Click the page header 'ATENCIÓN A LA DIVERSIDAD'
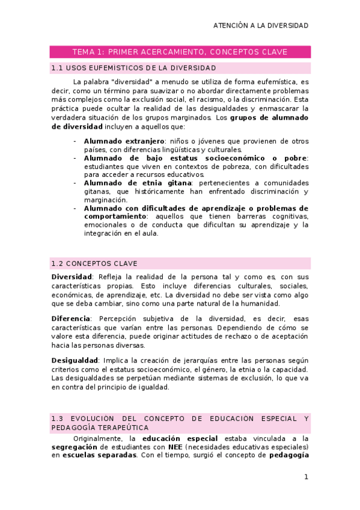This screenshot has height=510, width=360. coord(261,26)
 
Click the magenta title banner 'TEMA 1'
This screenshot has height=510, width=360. coord(180,52)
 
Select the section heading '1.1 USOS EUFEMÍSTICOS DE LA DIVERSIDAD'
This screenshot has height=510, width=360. coord(134,68)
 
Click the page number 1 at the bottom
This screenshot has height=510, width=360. coord(306,478)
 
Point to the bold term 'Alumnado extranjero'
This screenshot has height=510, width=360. coord(115,141)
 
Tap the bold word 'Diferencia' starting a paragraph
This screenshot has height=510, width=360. coord(71,318)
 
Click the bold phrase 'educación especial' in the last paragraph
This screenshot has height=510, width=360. coord(176,438)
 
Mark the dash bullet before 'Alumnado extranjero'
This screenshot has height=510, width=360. coord(75,141)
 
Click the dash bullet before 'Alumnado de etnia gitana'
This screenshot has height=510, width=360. coord(75,183)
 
